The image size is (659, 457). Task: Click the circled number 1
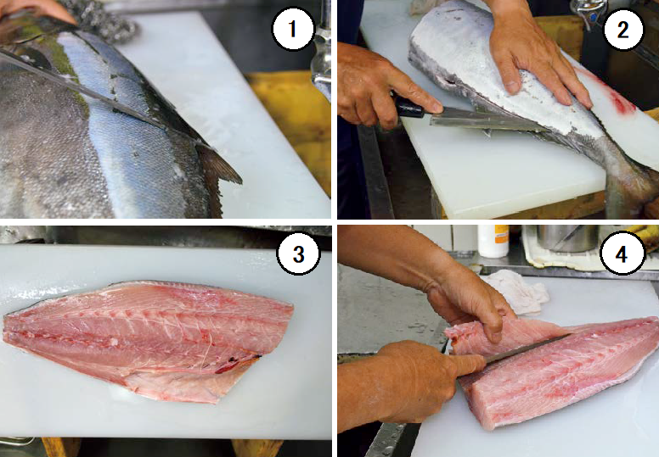click(x=292, y=29)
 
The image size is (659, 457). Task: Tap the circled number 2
click(x=623, y=30)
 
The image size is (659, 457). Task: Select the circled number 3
click(x=298, y=254)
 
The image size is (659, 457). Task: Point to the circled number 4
click(x=621, y=254)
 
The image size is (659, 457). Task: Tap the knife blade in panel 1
click(x=84, y=90)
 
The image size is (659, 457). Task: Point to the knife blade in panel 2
click(x=483, y=119)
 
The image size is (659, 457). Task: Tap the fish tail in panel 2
click(x=630, y=185)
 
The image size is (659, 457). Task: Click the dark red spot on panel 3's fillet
click(x=235, y=365)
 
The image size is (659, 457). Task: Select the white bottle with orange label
click(x=493, y=241)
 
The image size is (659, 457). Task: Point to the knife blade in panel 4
click(x=527, y=349)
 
